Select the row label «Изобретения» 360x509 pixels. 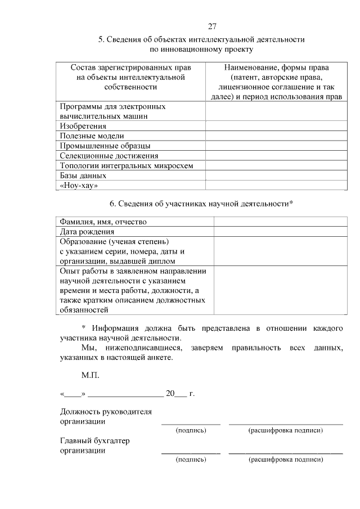pyautogui.click(x=83, y=126)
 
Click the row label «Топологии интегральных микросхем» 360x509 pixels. pyautogui.click(x=127, y=165)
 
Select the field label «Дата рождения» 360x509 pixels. pyautogui.click(x=87, y=232)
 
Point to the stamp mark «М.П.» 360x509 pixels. pyautogui.click(x=90, y=374)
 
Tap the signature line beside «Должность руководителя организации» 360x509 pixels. pyautogui.click(x=191, y=421)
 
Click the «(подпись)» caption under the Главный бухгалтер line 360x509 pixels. pyautogui.click(x=191, y=460)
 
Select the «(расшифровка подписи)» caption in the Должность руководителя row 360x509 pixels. pyautogui.click(x=286, y=430)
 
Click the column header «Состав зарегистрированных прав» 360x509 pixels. pyautogui.click(x=130, y=77)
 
